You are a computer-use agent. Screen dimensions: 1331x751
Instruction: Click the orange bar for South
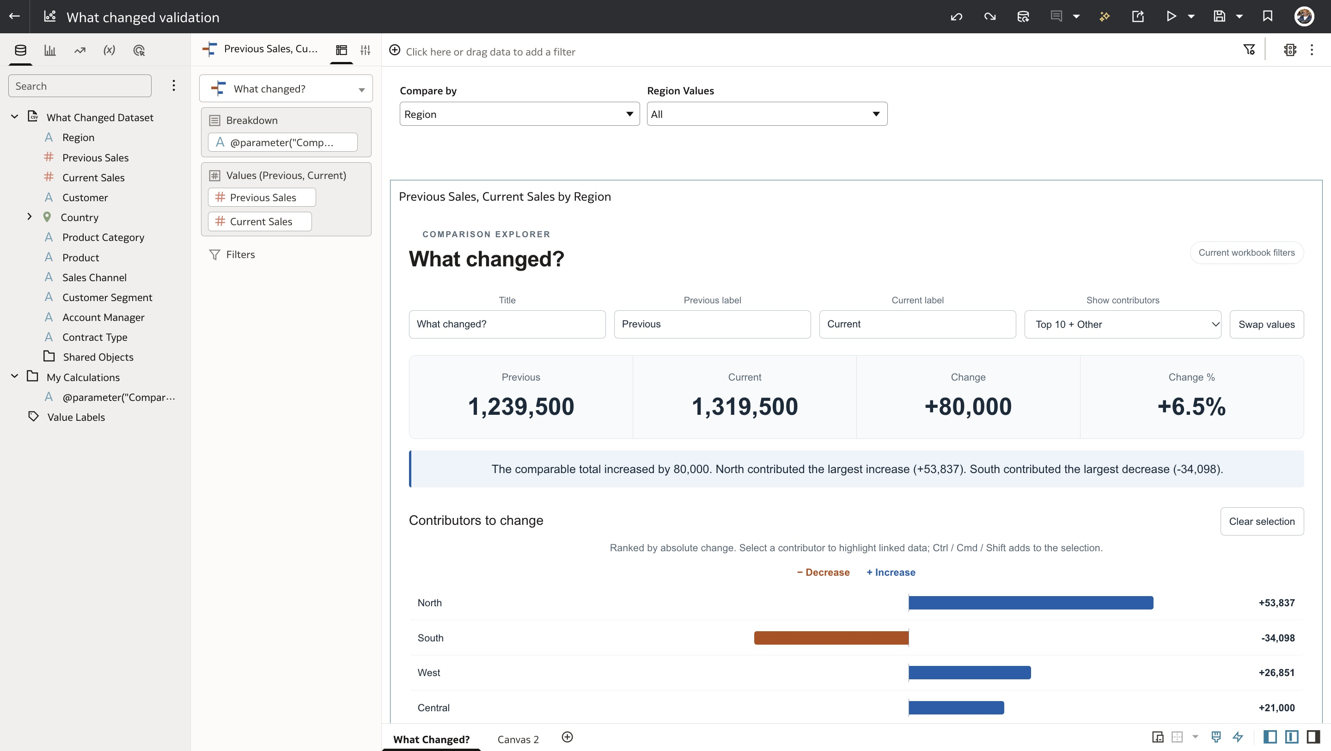(x=831, y=638)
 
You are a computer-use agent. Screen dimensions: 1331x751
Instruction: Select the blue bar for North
(x=1031, y=603)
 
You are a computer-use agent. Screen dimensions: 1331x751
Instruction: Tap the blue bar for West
(x=970, y=672)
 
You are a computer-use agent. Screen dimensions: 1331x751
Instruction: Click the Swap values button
(x=1266, y=324)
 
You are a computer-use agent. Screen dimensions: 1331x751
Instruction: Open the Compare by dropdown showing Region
(x=519, y=114)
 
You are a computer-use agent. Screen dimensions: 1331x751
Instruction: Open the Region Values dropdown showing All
(x=767, y=114)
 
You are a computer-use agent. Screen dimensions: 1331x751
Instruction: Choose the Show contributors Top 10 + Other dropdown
(x=1122, y=324)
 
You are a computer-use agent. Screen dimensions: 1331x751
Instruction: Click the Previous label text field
(x=712, y=324)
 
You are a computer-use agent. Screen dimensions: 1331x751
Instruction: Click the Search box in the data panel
(x=79, y=86)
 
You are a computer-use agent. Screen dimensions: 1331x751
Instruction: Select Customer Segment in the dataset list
(x=107, y=297)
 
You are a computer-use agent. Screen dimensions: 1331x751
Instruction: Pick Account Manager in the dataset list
(x=104, y=317)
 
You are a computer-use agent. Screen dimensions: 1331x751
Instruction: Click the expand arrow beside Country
(x=30, y=216)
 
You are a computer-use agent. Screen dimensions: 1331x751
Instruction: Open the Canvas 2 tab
(x=518, y=739)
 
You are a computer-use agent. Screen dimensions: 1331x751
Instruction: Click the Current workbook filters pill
(x=1246, y=253)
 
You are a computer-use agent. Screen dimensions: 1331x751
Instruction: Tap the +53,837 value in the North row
(x=1276, y=603)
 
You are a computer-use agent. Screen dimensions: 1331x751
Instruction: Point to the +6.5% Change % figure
(x=1191, y=406)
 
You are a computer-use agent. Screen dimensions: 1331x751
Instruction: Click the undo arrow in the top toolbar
(x=956, y=17)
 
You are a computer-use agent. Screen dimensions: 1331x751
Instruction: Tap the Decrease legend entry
(x=823, y=572)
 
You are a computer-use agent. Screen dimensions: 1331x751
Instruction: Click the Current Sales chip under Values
(x=260, y=221)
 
